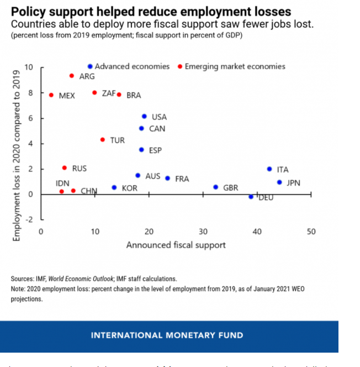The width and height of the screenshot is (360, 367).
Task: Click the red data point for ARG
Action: click(72, 76)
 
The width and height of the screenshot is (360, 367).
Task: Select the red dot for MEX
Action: click(51, 95)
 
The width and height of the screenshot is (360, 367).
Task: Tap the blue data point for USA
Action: click(144, 117)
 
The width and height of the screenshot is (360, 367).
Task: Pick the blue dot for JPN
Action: click(279, 182)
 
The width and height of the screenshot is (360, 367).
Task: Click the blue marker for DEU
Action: click(251, 197)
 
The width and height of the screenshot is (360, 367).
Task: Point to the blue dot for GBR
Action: click(215, 187)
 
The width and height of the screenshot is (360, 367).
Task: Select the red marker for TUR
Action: click(103, 140)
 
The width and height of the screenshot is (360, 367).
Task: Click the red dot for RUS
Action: click(65, 168)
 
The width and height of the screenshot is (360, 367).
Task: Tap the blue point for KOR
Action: click(114, 188)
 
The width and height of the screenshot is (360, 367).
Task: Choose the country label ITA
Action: click(283, 170)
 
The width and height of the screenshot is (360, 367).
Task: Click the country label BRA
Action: click(134, 96)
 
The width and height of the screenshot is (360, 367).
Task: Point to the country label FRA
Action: click(182, 179)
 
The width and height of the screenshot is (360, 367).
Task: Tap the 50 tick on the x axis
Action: click(311, 232)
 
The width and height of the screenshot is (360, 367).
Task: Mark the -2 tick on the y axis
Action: click(30, 219)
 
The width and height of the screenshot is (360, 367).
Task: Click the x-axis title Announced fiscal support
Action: click(176, 245)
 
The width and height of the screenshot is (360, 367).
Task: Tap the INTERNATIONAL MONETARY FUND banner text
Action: click(167, 335)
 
